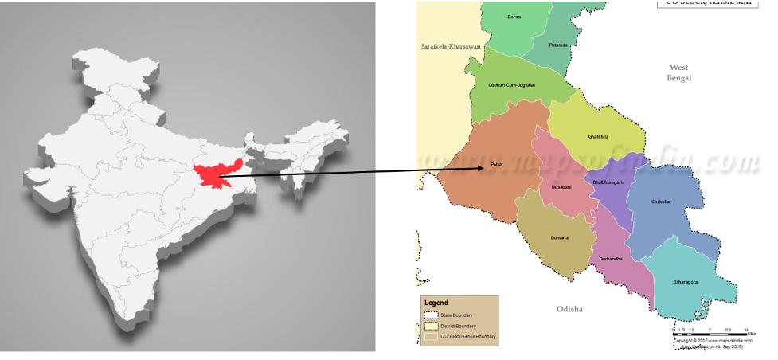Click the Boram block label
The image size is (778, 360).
point(514,16)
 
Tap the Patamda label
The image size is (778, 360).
point(558,45)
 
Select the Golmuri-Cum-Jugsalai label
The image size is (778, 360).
point(512,84)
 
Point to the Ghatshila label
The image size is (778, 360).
point(599,137)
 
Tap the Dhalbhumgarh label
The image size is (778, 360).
point(608,182)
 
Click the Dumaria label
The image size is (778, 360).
point(560,238)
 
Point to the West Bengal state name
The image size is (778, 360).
point(679,72)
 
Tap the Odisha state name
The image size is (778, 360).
point(570,308)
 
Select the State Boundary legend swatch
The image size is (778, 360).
point(430,315)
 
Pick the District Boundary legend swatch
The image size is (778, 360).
point(430,326)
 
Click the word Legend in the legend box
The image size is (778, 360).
point(436,303)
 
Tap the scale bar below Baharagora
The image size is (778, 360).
point(711,332)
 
